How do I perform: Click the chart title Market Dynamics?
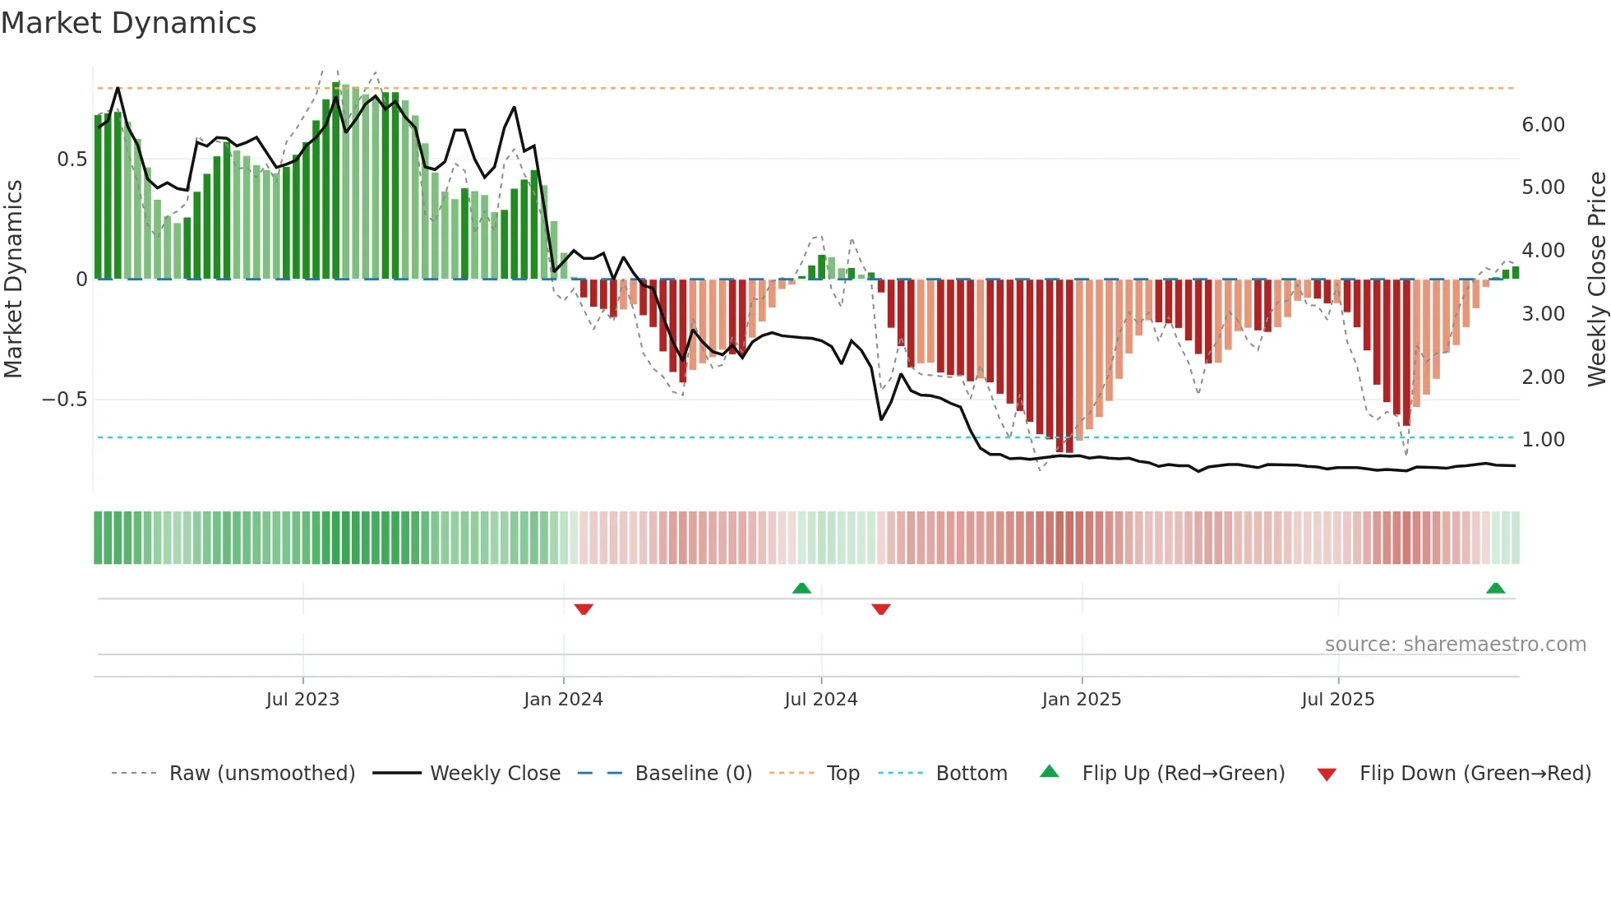(129, 23)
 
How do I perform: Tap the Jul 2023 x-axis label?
(302, 700)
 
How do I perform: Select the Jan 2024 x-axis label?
(563, 700)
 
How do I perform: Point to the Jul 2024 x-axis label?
(821, 700)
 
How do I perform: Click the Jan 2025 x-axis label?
(1081, 700)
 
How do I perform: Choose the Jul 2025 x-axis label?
(1337, 700)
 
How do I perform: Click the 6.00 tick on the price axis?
(1543, 125)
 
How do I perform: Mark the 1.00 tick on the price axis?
(1543, 440)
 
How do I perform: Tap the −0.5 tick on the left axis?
(65, 400)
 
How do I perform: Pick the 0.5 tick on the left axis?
(72, 159)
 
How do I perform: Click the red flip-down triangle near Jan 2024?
(584, 609)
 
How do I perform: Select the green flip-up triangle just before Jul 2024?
(801, 588)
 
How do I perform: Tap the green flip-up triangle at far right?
(1495, 588)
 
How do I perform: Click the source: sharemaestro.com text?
(1455, 645)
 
